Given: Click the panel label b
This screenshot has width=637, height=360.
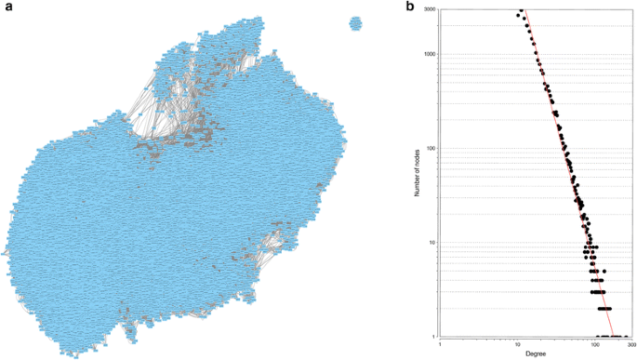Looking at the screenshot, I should [410, 7].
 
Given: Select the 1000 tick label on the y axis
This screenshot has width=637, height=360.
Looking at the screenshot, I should [429, 54].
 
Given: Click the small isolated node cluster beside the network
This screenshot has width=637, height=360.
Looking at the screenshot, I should [356, 23].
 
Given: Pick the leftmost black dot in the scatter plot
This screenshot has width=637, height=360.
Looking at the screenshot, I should [518, 14].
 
